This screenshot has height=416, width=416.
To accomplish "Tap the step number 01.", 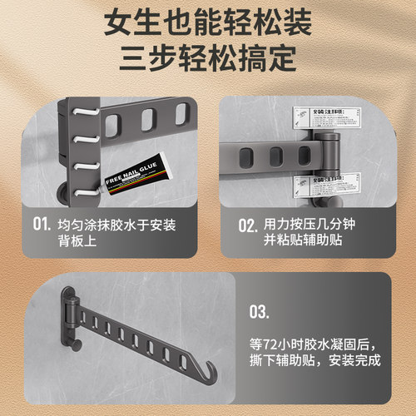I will [42, 224].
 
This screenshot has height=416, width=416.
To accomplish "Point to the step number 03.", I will [260, 313].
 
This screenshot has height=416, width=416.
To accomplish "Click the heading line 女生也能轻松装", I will [207, 23].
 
